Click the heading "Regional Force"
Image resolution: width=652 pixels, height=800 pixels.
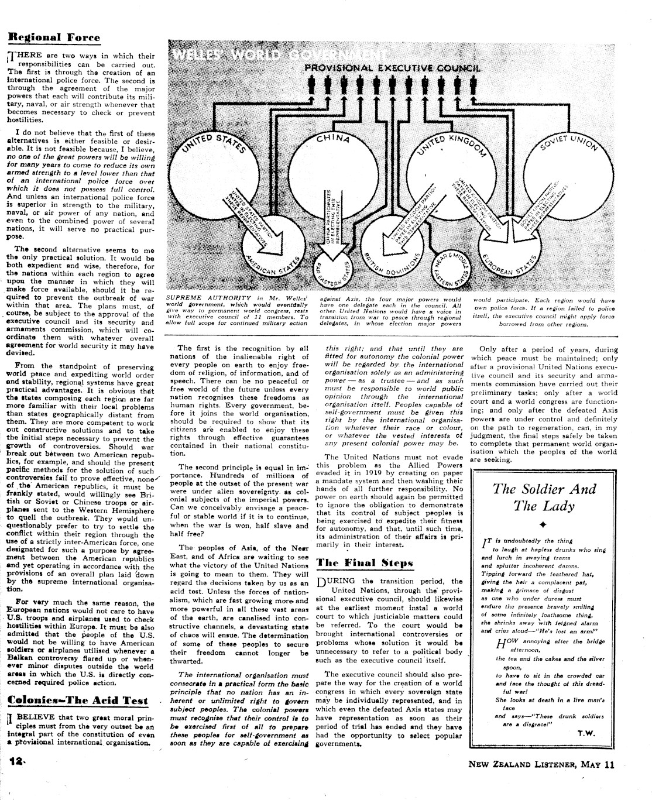53,37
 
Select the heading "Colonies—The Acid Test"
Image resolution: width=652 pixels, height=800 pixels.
78,700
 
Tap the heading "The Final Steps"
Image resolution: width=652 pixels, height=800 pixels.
365,563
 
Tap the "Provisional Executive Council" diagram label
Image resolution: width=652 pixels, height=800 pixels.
392,68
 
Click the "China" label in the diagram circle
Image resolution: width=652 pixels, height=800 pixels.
333,139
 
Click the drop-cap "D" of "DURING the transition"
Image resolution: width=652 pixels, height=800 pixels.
321,583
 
